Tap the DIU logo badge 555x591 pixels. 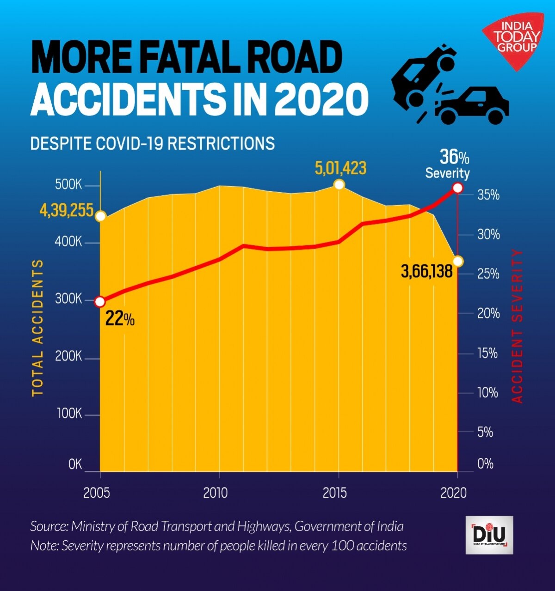click(x=489, y=535)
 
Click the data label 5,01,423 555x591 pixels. click(x=340, y=168)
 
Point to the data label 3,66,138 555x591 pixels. click(x=426, y=271)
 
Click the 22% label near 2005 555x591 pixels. click(x=120, y=319)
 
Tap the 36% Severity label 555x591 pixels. click(x=448, y=164)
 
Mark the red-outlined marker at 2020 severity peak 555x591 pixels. click(x=457, y=188)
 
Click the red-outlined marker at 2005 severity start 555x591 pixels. click(x=100, y=302)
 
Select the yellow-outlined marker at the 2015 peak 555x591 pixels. click(x=339, y=185)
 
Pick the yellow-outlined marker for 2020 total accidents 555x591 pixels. click(x=458, y=261)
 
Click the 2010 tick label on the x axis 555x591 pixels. click(x=216, y=493)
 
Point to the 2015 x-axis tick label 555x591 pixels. click(x=334, y=493)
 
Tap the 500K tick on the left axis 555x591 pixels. click(x=68, y=185)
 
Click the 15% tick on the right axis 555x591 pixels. click(x=488, y=354)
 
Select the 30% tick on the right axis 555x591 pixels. click(x=488, y=235)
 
